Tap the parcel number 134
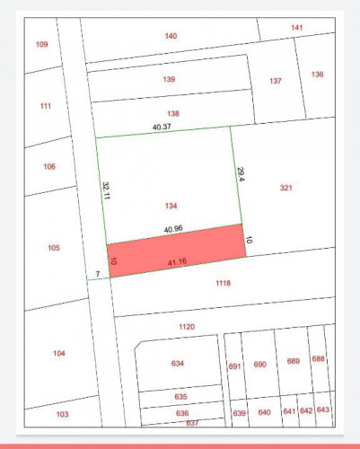tap(171, 206)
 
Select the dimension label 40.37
tap(162, 127)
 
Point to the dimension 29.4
tap(241, 174)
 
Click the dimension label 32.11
tap(105, 191)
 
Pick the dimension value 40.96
tap(173, 229)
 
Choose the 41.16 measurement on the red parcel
tap(178, 261)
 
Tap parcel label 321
tap(286, 188)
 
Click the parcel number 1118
tap(223, 283)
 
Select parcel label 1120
tap(186, 327)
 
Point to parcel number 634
tap(177, 364)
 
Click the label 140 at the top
tap(171, 36)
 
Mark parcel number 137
tap(276, 81)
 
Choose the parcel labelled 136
tap(318, 74)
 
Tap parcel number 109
tap(41, 44)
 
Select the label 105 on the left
tap(54, 248)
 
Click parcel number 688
tap(318, 359)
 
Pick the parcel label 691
tap(235, 366)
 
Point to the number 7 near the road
tap(96, 273)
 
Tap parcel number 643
tap(323, 409)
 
